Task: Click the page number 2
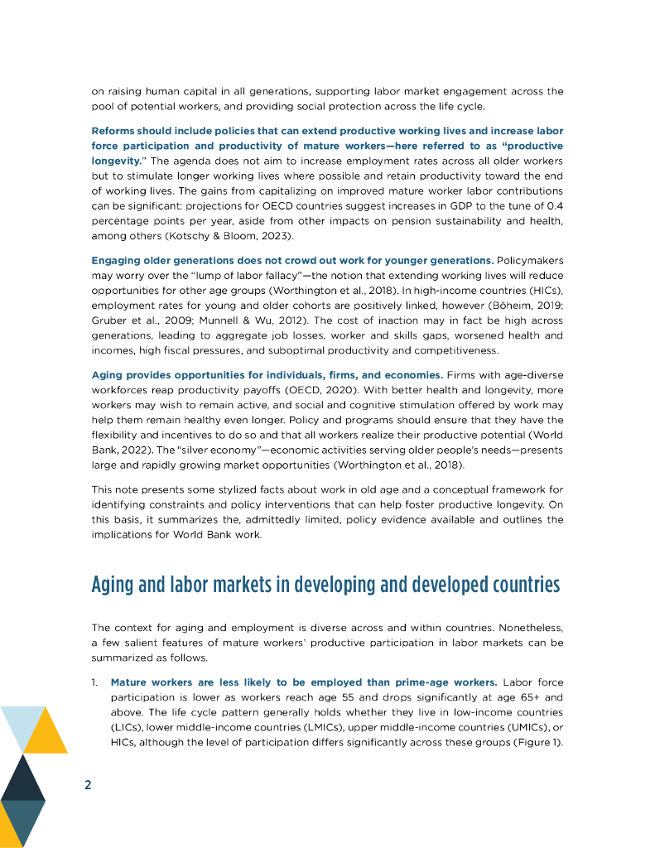88,785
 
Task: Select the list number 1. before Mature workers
96,682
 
